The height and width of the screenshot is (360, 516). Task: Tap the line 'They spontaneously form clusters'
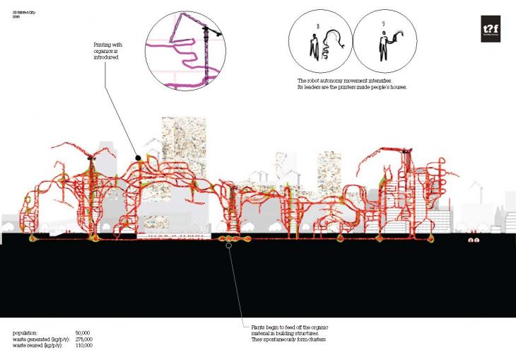coord(291,339)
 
